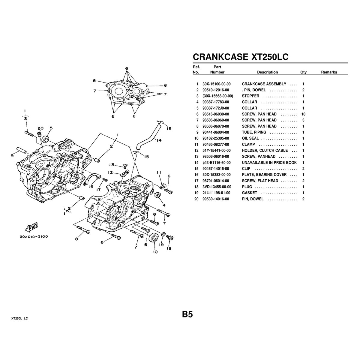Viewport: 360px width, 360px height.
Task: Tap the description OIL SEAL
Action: click(x=250, y=138)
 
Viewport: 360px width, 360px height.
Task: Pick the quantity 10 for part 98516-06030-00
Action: click(x=303, y=114)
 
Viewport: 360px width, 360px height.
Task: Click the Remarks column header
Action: click(x=329, y=72)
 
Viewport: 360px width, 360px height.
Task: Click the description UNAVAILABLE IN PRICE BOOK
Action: click(x=269, y=163)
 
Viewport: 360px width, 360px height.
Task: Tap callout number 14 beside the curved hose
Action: click(x=159, y=140)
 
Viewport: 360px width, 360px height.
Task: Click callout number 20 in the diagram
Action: click(x=40, y=128)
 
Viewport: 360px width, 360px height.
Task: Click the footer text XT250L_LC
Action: click(x=19, y=318)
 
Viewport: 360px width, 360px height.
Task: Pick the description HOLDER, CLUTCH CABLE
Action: click(x=265, y=151)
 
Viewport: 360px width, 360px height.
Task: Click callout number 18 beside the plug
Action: click(x=169, y=248)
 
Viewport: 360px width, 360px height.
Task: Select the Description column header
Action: click(x=267, y=72)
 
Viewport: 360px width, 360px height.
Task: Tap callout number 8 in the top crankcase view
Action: click(x=94, y=81)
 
